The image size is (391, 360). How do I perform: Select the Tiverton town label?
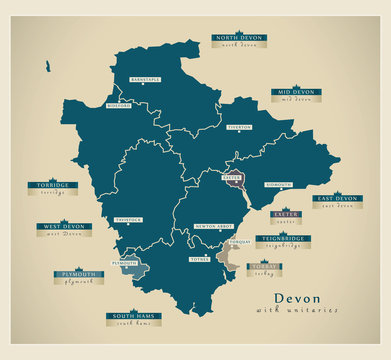(x=239, y=128)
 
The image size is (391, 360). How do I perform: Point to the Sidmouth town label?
(x=279, y=185)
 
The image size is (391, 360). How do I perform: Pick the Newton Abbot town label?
(x=213, y=226)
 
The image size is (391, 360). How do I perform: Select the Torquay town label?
(x=238, y=243)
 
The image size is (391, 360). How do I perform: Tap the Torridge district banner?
(x=53, y=186)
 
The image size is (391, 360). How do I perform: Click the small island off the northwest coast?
(x=47, y=66)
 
